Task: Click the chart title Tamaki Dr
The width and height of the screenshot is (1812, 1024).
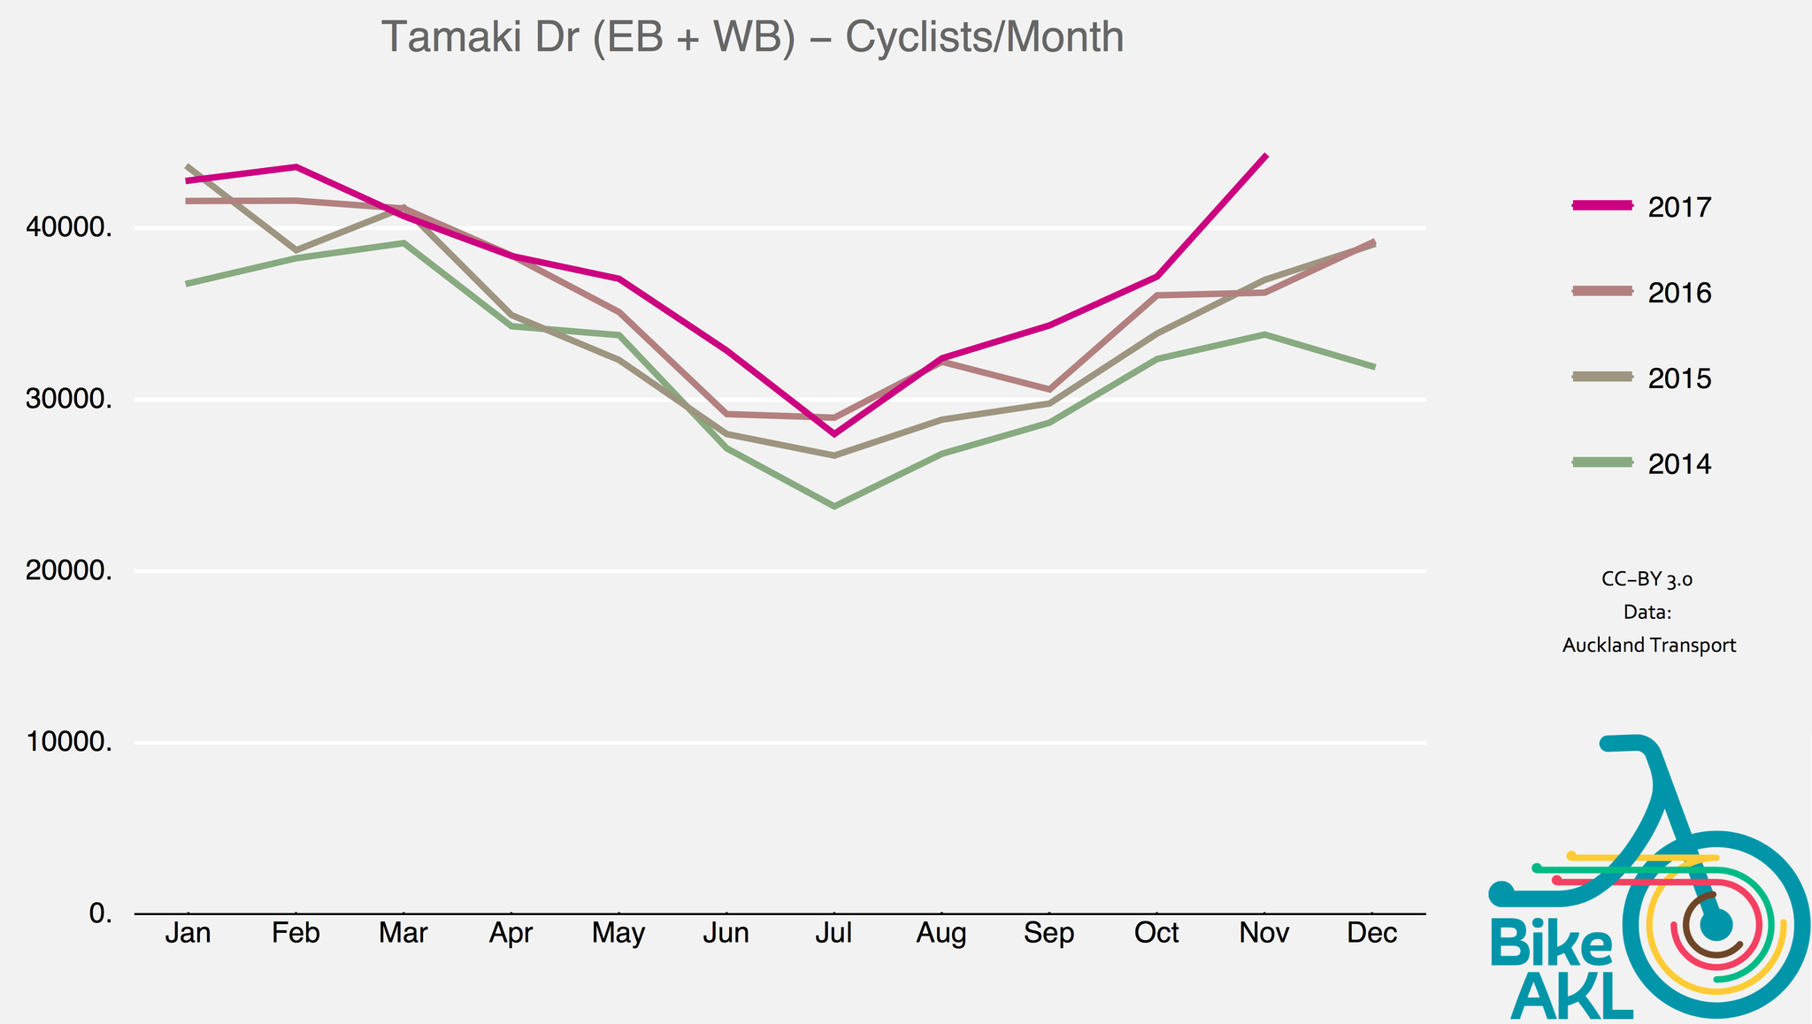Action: pyautogui.click(x=752, y=39)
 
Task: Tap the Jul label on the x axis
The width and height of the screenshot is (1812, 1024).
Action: pyautogui.click(x=833, y=934)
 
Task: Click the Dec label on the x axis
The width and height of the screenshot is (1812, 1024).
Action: pyautogui.click(x=1371, y=934)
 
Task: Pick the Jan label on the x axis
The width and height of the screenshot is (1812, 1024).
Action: pyautogui.click(x=188, y=934)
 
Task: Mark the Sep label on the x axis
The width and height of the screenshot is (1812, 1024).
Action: pyautogui.click(x=1049, y=934)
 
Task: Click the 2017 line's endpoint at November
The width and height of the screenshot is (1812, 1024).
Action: pyautogui.click(x=1266, y=156)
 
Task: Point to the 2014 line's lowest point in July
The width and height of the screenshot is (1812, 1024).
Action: pyautogui.click(x=833, y=506)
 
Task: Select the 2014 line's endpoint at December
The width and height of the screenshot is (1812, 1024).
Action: pyautogui.click(x=1373, y=366)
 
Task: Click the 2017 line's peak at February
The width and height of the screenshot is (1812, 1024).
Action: pyautogui.click(x=296, y=166)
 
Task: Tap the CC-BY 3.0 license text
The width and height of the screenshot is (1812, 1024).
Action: pyautogui.click(x=1647, y=580)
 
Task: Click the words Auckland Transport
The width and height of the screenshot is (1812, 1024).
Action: pyautogui.click(x=1648, y=646)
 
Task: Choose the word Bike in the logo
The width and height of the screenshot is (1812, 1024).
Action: pyautogui.click(x=1550, y=944)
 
